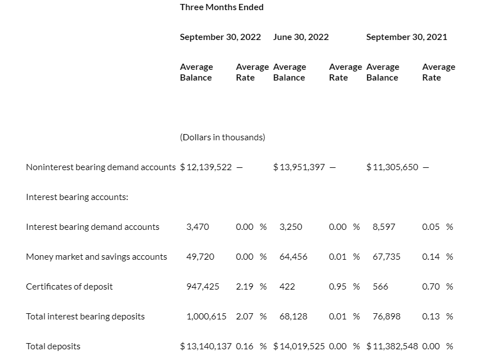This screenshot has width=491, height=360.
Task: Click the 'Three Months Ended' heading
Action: point(221,7)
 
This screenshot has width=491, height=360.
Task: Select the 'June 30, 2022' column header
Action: point(301,37)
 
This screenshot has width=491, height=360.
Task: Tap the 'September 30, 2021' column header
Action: point(407,37)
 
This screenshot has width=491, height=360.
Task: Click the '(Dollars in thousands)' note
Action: point(222,137)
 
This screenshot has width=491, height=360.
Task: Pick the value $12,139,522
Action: point(206,167)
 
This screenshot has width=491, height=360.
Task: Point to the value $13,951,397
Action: point(299,167)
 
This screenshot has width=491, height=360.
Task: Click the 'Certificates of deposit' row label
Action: point(69,287)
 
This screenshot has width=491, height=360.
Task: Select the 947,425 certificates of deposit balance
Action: point(203,287)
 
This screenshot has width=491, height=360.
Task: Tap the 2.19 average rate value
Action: point(244,287)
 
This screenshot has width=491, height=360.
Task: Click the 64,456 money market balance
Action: point(293,257)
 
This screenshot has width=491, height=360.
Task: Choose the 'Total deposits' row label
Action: point(53,346)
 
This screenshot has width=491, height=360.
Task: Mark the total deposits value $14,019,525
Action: point(299,346)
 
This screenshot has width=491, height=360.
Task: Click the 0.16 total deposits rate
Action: point(244,346)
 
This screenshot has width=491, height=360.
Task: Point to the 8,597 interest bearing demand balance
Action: point(383,227)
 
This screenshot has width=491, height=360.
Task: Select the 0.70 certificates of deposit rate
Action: point(431,287)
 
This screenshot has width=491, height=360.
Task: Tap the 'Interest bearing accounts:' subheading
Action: point(77,197)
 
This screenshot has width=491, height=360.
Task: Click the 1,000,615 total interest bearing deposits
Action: point(206,317)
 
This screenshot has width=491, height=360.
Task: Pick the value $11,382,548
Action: point(392,346)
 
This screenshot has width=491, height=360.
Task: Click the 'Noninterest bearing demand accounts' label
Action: point(101,167)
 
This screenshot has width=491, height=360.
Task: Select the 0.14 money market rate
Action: point(431,257)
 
